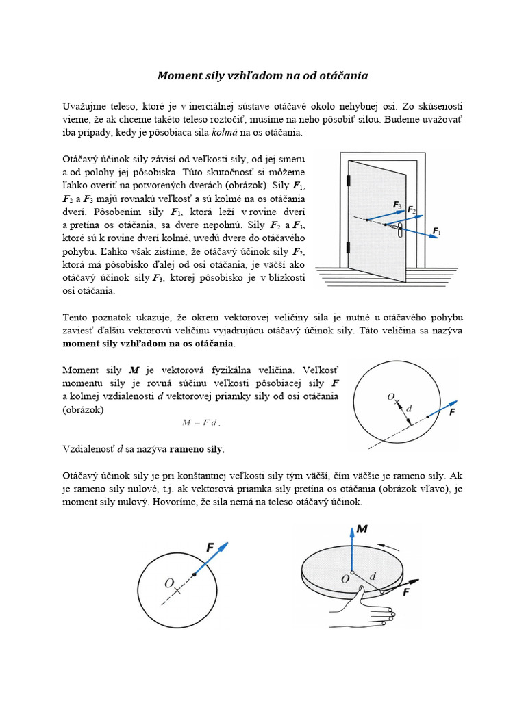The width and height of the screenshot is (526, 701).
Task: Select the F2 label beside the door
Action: click(411, 209)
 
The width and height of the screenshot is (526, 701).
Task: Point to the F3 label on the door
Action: click(397, 204)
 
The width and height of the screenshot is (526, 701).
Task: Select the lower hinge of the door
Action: click(349, 246)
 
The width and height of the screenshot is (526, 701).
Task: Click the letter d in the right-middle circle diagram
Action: click(409, 409)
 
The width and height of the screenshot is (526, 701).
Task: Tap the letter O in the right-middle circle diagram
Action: click(390, 396)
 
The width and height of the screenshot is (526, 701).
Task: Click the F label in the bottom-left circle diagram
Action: click(210, 548)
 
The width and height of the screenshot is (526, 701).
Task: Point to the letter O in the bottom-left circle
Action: click(168, 583)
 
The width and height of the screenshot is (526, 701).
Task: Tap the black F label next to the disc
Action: click(407, 592)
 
